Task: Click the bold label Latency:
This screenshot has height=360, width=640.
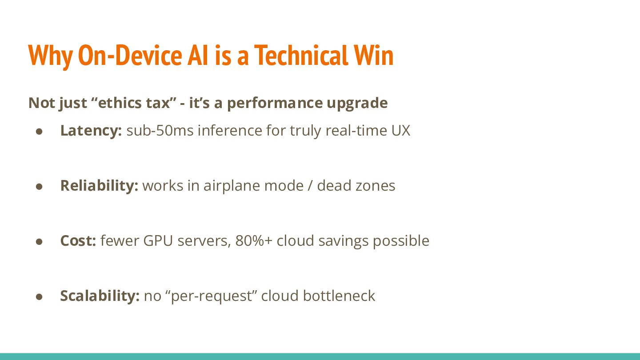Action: pyautogui.click(x=91, y=131)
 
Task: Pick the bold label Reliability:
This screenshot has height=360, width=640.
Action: pyautogui.click(x=99, y=186)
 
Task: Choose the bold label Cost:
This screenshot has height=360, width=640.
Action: pyautogui.click(x=78, y=241)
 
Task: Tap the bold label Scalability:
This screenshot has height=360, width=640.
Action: pyautogui.click(x=100, y=296)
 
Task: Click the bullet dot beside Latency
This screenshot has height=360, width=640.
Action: pyautogui.click(x=39, y=132)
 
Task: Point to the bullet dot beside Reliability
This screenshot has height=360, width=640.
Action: pyautogui.click(x=39, y=187)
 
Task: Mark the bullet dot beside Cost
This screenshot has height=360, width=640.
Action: pyautogui.click(x=39, y=242)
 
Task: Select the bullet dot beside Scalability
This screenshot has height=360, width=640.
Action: pyautogui.click(x=39, y=297)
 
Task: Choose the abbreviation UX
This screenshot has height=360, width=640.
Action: pyautogui.click(x=401, y=131)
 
